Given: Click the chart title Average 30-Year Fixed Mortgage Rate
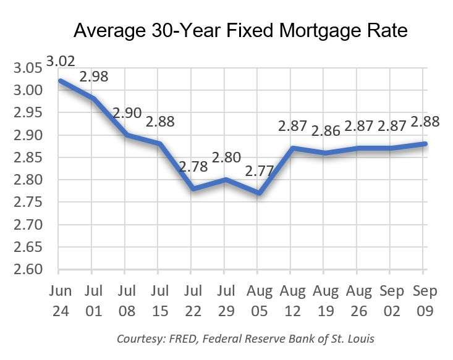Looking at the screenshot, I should [240, 30].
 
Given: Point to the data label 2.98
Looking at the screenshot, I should [94, 78].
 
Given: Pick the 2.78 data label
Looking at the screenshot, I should [193, 166].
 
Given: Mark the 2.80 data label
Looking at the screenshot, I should [226, 157].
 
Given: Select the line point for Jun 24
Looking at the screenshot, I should [59, 81].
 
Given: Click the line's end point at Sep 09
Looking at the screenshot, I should [423, 144].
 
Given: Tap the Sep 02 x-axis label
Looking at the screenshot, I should [390, 299].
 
